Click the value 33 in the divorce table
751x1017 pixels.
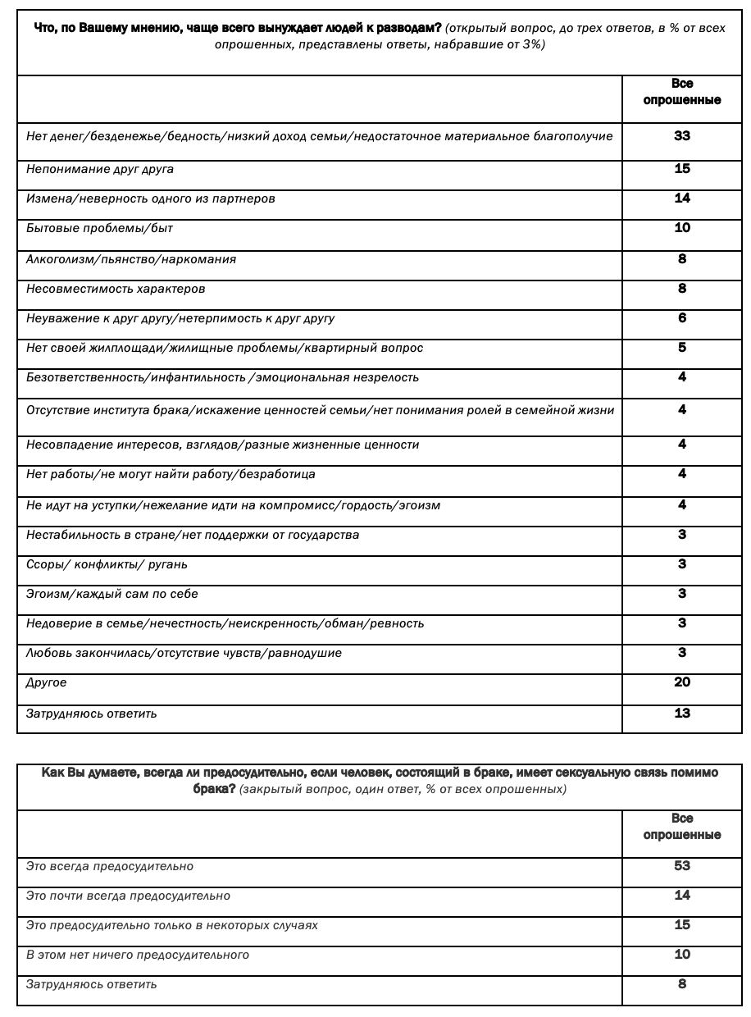(682, 136)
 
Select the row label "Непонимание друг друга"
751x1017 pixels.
(100, 169)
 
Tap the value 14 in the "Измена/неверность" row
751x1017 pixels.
(682, 198)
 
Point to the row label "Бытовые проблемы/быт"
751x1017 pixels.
(99, 228)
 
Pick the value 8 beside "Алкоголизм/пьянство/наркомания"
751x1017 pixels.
(682, 259)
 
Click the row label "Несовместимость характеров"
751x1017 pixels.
(116, 289)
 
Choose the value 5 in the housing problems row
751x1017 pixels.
(682, 348)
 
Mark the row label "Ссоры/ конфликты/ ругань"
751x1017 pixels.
(107, 564)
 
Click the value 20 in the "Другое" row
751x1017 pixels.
(682, 682)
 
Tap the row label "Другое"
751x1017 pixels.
(47, 682)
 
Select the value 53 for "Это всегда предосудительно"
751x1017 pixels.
(682, 866)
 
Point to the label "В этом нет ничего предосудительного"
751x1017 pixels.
(138, 955)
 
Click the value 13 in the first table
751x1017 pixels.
(682, 714)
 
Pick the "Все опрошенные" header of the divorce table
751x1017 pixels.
(682, 92)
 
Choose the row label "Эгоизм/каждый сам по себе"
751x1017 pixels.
(112, 594)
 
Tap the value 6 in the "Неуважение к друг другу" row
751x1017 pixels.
(682, 318)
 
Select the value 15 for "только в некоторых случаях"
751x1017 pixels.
(682, 925)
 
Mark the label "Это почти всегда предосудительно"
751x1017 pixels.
(128, 896)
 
